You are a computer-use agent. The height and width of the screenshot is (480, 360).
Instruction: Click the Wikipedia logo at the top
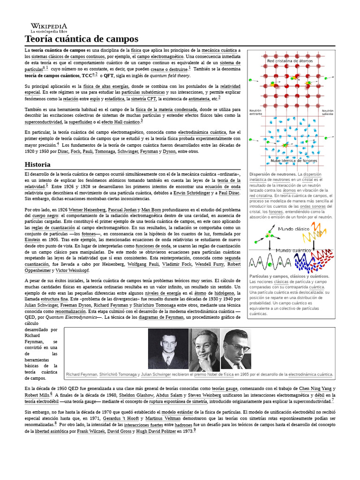[49, 28]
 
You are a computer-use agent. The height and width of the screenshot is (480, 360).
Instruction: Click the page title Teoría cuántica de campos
[81, 39]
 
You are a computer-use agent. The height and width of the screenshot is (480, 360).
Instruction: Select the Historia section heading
[37, 165]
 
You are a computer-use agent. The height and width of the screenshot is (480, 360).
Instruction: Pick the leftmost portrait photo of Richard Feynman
[168, 349]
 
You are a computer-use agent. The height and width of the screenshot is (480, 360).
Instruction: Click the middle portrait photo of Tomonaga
[204, 349]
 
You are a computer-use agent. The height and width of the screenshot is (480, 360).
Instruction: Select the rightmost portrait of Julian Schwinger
[236, 349]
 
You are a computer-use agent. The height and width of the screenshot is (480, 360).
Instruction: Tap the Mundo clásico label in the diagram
[292, 229]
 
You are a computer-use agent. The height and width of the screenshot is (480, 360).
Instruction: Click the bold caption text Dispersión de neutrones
[273, 174]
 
